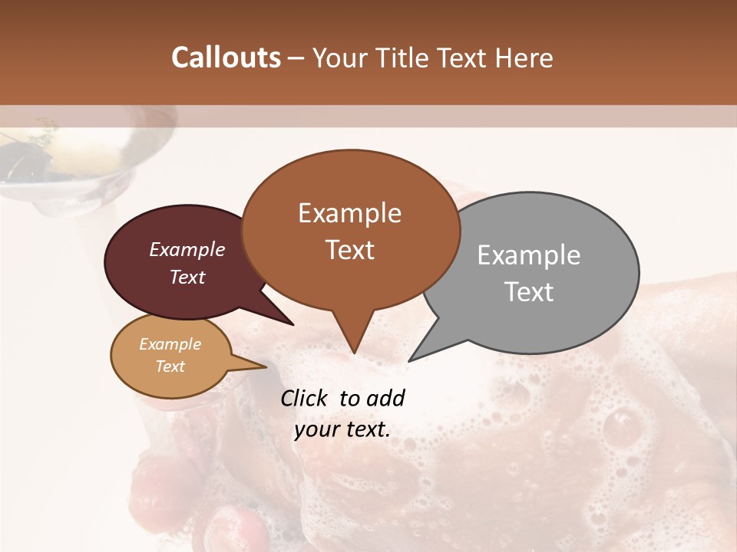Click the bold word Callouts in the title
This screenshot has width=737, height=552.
226,58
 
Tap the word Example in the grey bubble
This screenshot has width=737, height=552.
529,255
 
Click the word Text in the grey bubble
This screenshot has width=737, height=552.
530,292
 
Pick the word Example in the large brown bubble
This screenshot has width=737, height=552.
349,213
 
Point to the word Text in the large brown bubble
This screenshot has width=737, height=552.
350,250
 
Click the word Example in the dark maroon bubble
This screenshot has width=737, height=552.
187,250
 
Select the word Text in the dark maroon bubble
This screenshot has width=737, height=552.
187,277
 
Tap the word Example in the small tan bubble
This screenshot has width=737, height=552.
170,344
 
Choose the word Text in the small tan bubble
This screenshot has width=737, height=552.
170,366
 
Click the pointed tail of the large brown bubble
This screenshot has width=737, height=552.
353,345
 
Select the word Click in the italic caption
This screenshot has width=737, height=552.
304,399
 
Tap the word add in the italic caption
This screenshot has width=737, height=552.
385,399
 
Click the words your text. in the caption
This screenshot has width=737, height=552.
342,429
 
